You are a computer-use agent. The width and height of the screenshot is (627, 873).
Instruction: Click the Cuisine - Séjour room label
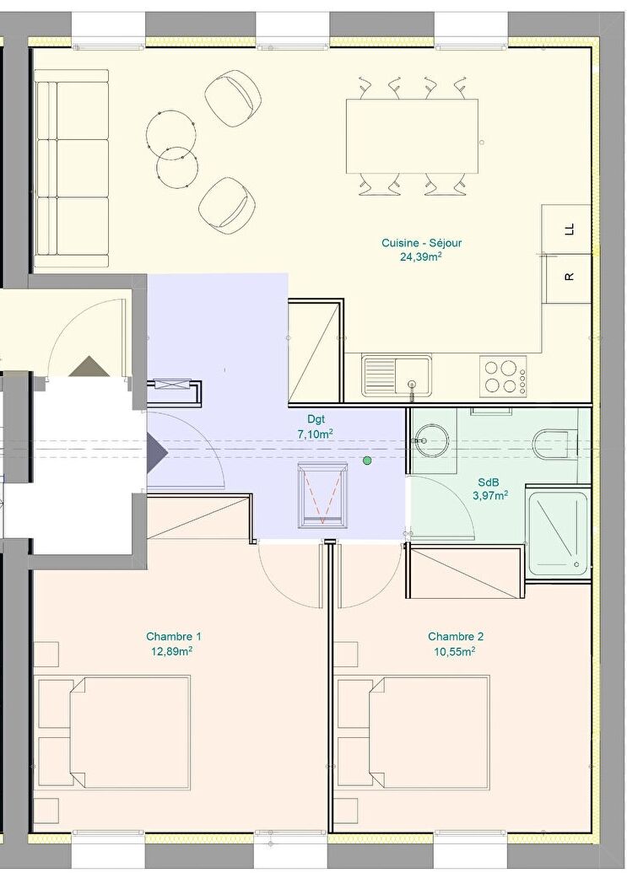click(x=422, y=243)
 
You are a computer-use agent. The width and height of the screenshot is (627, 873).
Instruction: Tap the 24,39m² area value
click(x=421, y=256)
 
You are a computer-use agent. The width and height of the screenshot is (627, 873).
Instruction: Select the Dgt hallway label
click(x=315, y=418)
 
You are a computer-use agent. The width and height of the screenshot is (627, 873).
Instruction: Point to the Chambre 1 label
click(x=174, y=636)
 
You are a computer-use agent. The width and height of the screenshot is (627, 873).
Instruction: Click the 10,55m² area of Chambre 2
click(x=454, y=651)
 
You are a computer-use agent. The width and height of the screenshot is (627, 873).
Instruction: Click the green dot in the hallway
click(x=367, y=461)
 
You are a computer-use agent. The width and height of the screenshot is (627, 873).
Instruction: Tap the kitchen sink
click(x=397, y=376)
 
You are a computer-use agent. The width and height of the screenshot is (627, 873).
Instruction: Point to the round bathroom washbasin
click(x=432, y=440)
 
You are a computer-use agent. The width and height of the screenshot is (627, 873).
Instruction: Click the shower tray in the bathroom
click(x=558, y=534)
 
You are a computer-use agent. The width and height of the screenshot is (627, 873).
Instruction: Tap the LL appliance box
click(x=566, y=229)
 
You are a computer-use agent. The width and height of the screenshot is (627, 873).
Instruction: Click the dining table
click(x=412, y=137)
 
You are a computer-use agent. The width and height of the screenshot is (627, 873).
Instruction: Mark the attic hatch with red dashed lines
click(x=323, y=495)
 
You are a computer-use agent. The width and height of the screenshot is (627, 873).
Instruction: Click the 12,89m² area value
click(x=173, y=651)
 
